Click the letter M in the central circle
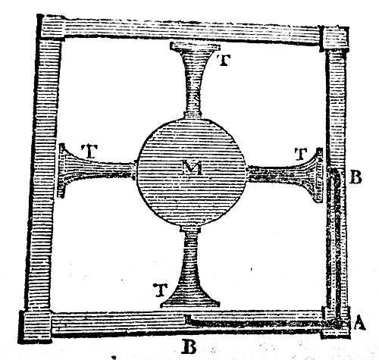193,168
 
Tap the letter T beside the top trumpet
224,60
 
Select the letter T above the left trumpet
89,152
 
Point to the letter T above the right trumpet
301,155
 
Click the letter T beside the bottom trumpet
161,290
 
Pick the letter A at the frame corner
359,324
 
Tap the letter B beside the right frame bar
356,177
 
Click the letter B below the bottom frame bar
189,348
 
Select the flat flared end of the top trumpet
195,47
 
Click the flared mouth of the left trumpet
62,170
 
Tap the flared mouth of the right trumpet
319,175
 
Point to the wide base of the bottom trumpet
189,303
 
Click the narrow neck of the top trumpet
193,101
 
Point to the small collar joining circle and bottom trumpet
191,230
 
